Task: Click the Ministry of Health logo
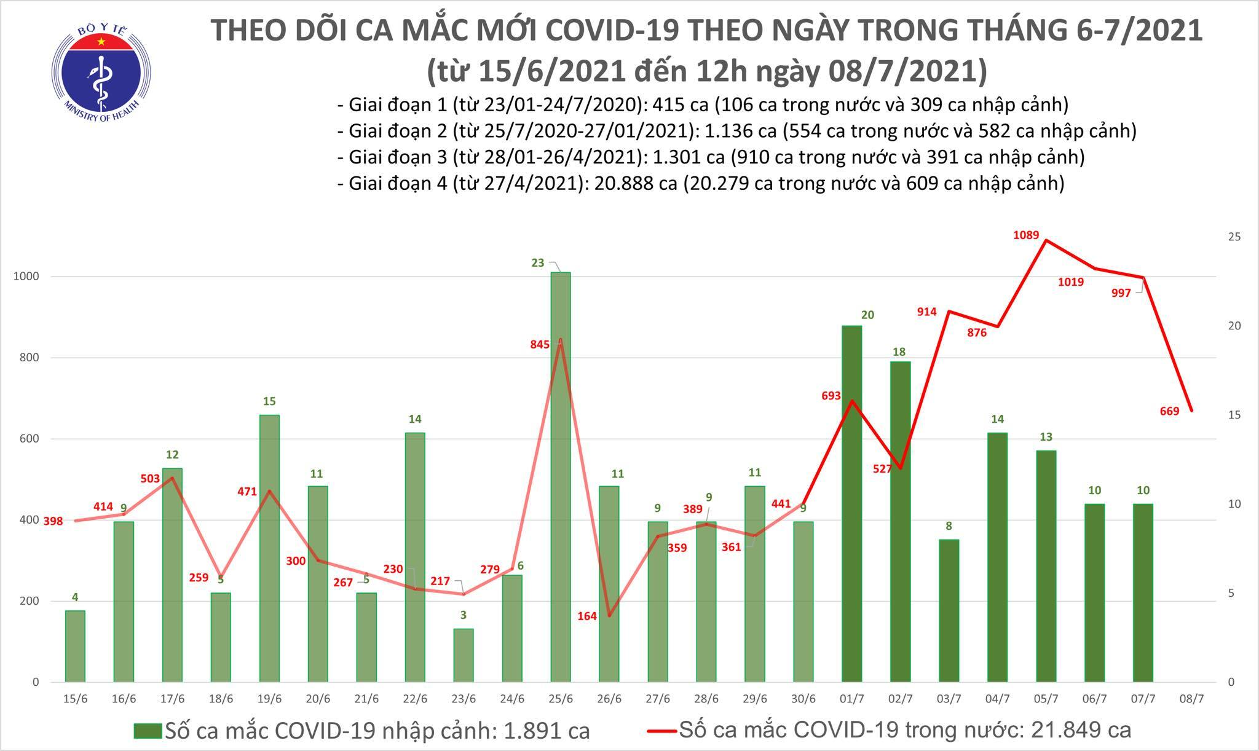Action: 100,73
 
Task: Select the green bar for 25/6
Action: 561,476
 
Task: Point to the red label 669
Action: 1169,412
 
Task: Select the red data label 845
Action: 540,345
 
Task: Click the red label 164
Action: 587,615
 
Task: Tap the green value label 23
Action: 537,263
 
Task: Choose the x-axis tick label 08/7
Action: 1192,699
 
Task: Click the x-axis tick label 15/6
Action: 75,699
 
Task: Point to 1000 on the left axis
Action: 26,277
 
